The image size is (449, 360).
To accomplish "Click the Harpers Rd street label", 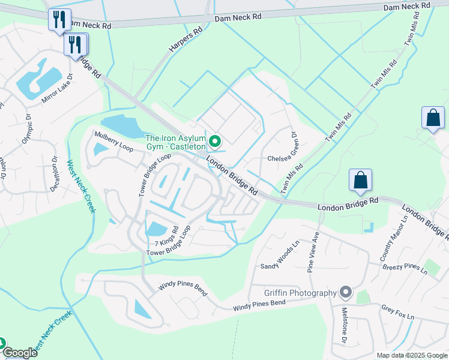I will (184, 38).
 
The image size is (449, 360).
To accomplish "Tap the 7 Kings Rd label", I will (167, 238).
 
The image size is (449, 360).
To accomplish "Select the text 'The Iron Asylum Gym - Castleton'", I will (175, 142).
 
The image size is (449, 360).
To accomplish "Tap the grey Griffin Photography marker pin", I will (345, 293).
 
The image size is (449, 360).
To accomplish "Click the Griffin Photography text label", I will (300, 293).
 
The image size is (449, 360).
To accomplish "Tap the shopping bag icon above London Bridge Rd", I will (360, 180).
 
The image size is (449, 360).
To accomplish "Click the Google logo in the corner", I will (19, 353).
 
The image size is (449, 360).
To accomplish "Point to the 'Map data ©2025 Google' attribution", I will (411, 355).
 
